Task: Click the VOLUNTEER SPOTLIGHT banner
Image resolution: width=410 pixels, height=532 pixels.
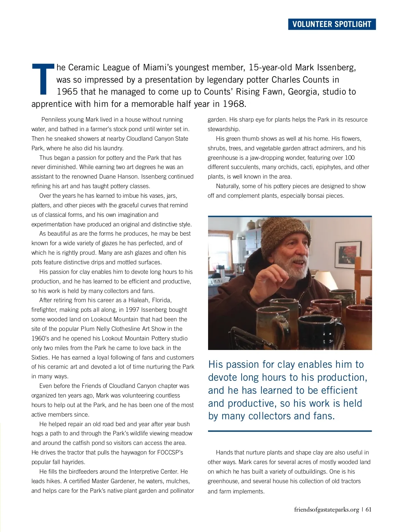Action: [331, 24]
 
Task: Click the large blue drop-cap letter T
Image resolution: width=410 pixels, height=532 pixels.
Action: [43, 79]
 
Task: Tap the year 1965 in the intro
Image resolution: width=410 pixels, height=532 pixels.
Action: [67, 92]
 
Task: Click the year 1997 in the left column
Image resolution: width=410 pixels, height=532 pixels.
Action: [132, 310]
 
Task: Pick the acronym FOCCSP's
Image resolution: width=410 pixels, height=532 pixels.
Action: [170, 452]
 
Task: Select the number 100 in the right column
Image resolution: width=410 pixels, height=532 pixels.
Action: [350, 158]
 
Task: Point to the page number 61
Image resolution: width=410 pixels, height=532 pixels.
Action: [368, 509]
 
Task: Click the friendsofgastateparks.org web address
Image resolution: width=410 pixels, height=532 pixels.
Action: [326, 509]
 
